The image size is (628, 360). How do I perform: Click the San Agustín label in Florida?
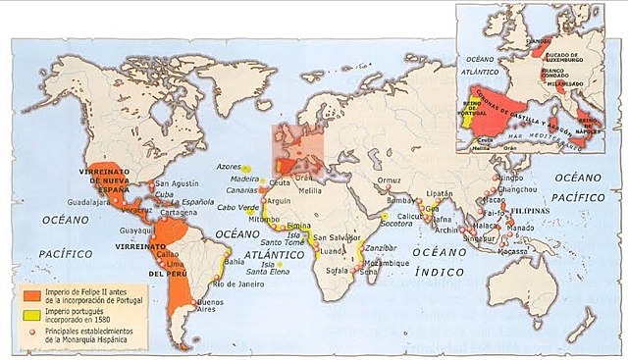coord(178,183)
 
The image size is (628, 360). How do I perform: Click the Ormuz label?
coord(391,180)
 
